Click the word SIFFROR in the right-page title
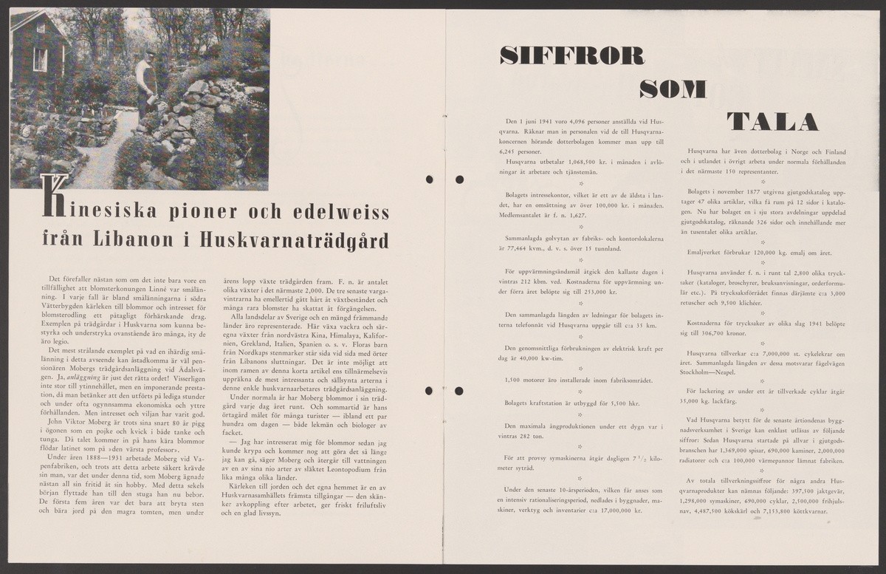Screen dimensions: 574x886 [571, 56]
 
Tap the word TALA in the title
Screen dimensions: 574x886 [772, 123]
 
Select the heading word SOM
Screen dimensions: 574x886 [673, 89]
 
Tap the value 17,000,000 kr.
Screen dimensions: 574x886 [619, 510]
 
